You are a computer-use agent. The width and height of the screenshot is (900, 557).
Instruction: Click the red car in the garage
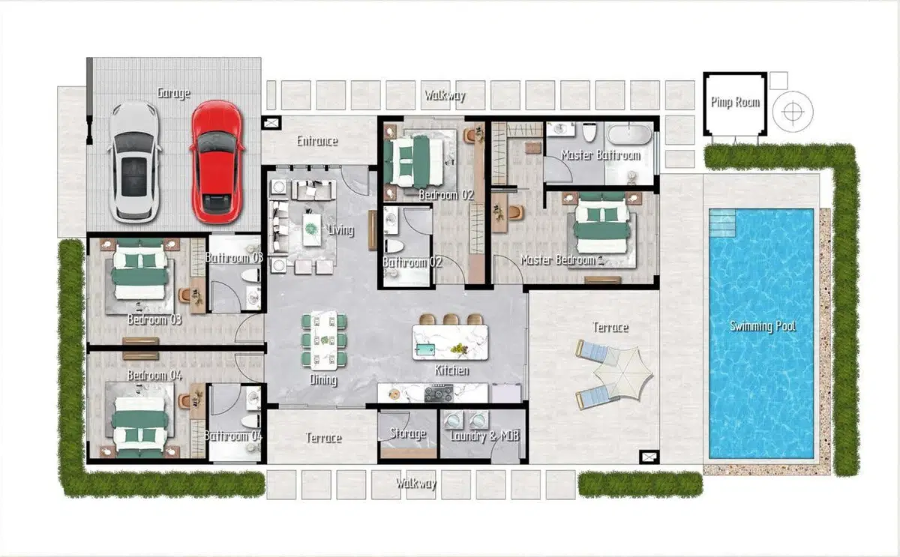[x=217, y=161]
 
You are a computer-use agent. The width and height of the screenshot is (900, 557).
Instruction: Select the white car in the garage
[x=134, y=161]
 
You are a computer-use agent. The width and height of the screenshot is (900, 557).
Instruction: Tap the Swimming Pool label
[x=762, y=326]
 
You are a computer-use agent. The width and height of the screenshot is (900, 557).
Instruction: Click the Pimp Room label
[x=735, y=103]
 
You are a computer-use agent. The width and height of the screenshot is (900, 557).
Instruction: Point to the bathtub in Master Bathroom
[x=629, y=134]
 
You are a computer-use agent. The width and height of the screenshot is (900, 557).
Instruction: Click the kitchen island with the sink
[x=451, y=342]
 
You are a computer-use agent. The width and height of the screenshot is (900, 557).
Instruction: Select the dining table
[x=324, y=340]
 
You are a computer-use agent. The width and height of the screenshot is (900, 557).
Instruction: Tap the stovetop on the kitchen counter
[x=439, y=393]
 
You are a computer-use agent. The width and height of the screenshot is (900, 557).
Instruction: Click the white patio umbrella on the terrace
[x=623, y=373]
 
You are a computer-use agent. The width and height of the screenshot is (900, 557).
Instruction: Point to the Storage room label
[x=408, y=433]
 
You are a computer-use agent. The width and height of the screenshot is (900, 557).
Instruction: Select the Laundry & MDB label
[x=484, y=436]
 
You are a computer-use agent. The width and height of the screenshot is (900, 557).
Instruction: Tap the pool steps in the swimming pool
[x=722, y=223]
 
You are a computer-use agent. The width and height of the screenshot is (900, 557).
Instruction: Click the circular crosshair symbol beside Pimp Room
[x=792, y=112]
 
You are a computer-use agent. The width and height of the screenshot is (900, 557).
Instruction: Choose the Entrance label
[x=317, y=141]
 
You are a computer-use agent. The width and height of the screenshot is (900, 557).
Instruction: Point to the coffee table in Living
[x=312, y=229]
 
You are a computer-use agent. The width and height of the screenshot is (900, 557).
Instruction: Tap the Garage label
[x=173, y=93]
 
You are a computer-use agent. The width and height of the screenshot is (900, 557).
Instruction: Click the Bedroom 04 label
[x=154, y=376]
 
